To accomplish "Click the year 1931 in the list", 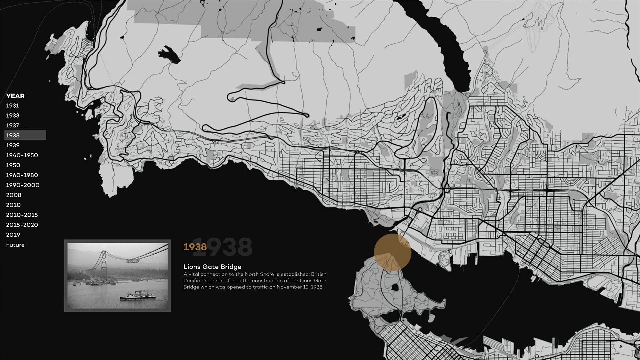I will (13, 106).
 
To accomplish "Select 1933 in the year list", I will (13, 116).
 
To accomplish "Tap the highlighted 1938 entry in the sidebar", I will (13, 135).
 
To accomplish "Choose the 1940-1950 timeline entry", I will (22, 155).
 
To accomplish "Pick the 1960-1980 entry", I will (22, 175).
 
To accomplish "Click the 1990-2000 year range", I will (23, 185).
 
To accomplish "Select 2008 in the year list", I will (14, 195).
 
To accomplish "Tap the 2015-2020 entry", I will (22, 225).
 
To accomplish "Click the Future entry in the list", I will (15, 245).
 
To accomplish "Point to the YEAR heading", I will (15, 96).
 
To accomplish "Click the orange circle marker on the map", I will (392, 252).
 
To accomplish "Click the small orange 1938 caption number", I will (195, 247).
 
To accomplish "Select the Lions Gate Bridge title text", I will (212, 267).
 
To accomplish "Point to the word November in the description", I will (288, 287).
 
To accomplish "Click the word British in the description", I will (319, 274).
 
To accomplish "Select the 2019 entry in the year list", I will (13, 235).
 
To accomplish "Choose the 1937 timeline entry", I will (13, 126).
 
